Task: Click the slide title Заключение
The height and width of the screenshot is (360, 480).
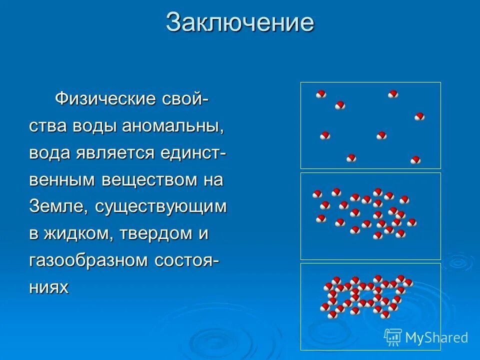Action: coord(240,23)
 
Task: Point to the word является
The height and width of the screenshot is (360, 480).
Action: coord(115,152)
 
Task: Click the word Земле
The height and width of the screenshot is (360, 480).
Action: coord(53,206)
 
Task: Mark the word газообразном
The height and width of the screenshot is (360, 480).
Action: coord(87,260)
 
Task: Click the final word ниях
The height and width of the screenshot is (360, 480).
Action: coord(48,287)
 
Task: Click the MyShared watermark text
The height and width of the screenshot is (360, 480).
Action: coord(436,337)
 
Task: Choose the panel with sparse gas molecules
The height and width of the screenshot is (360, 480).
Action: coord(370,125)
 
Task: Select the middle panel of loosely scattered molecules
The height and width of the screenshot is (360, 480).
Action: coord(370,216)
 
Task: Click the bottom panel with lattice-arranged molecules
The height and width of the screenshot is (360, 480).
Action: coord(370,306)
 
